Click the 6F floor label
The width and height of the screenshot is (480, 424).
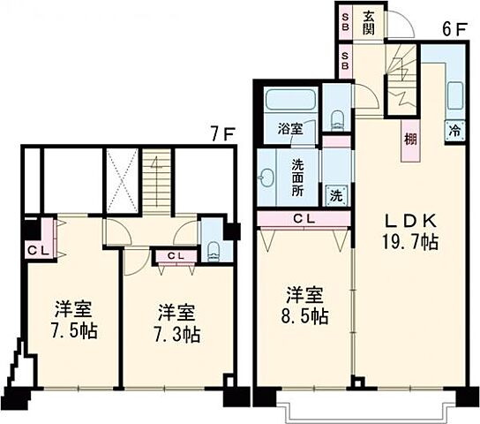[454, 28]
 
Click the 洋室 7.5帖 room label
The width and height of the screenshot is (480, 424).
[74, 321]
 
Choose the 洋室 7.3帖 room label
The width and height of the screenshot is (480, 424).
[177, 323]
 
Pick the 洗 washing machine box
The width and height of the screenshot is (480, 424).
[337, 194]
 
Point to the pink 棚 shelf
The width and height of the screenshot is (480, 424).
[411, 140]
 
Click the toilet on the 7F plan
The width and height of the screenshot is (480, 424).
[214, 248]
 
